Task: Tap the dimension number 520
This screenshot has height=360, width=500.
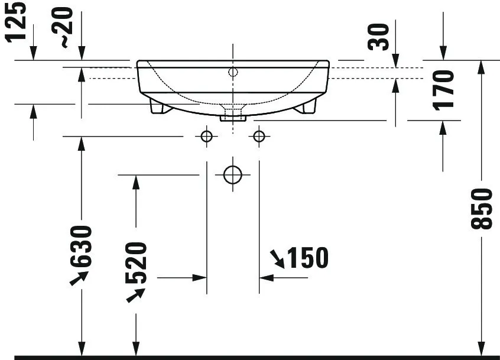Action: [x=136, y=262]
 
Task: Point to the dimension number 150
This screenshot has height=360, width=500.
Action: [x=307, y=258]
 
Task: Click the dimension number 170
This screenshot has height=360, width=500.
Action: [x=443, y=90]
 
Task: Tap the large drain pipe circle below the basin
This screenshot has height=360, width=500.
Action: [x=233, y=175]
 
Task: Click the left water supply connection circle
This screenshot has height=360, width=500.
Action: [x=206, y=137]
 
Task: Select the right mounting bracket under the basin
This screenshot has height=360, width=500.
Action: [x=307, y=106]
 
